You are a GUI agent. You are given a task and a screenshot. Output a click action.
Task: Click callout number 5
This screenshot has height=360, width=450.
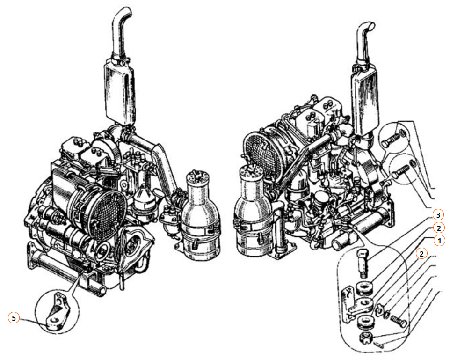pyautogui.click(x=14, y=318)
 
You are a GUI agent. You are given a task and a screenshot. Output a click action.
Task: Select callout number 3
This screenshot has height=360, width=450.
pyautogui.click(x=438, y=215)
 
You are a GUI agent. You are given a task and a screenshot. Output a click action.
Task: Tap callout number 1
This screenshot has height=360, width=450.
pyautogui.click(x=439, y=240)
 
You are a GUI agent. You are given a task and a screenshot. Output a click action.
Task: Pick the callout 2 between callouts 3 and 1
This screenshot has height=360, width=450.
pyautogui.click(x=438, y=228)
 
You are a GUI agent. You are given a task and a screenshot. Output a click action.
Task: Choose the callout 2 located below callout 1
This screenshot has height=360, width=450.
pyautogui.click(x=421, y=254)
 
